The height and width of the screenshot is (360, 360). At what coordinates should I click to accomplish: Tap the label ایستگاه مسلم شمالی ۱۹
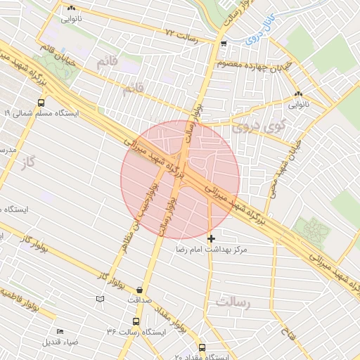tap(42, 112)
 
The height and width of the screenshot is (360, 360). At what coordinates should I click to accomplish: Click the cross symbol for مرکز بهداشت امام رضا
tap(211, 239)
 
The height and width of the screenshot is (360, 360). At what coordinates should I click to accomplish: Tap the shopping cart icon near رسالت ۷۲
tap(224, 44)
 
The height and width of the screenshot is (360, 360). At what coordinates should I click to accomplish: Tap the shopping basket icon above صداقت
tap(139, 289)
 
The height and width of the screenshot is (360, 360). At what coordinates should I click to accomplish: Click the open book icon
tap(100, 300)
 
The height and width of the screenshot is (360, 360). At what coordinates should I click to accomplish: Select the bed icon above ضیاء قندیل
tap(60, 331)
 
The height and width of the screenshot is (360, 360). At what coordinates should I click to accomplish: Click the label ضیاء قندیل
tap(60, 342)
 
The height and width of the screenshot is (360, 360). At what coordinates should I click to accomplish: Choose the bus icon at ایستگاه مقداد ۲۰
tap(202, 347)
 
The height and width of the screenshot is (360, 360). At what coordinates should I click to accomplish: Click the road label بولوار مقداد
tap(173, 321)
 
